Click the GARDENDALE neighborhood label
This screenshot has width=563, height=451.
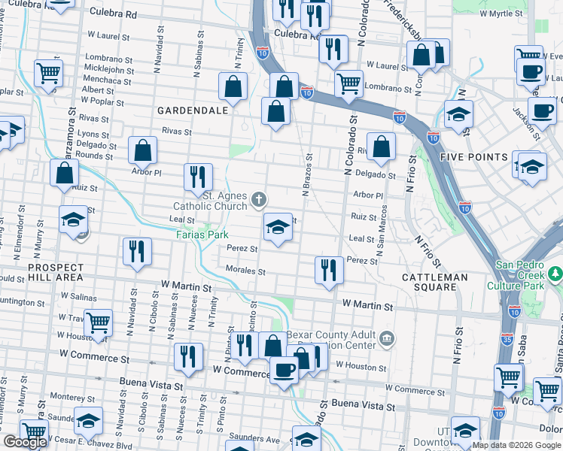[181, 110]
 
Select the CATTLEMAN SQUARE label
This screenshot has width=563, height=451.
[435, 277]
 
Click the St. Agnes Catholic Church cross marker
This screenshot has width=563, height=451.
[259, 199]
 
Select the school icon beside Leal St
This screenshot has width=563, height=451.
[278, 227]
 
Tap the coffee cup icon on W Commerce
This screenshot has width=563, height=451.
[284, 370]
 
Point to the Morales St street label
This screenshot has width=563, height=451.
[245, 270]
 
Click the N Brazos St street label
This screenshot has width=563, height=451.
[307, 177]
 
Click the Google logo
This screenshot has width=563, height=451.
[25, 442]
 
